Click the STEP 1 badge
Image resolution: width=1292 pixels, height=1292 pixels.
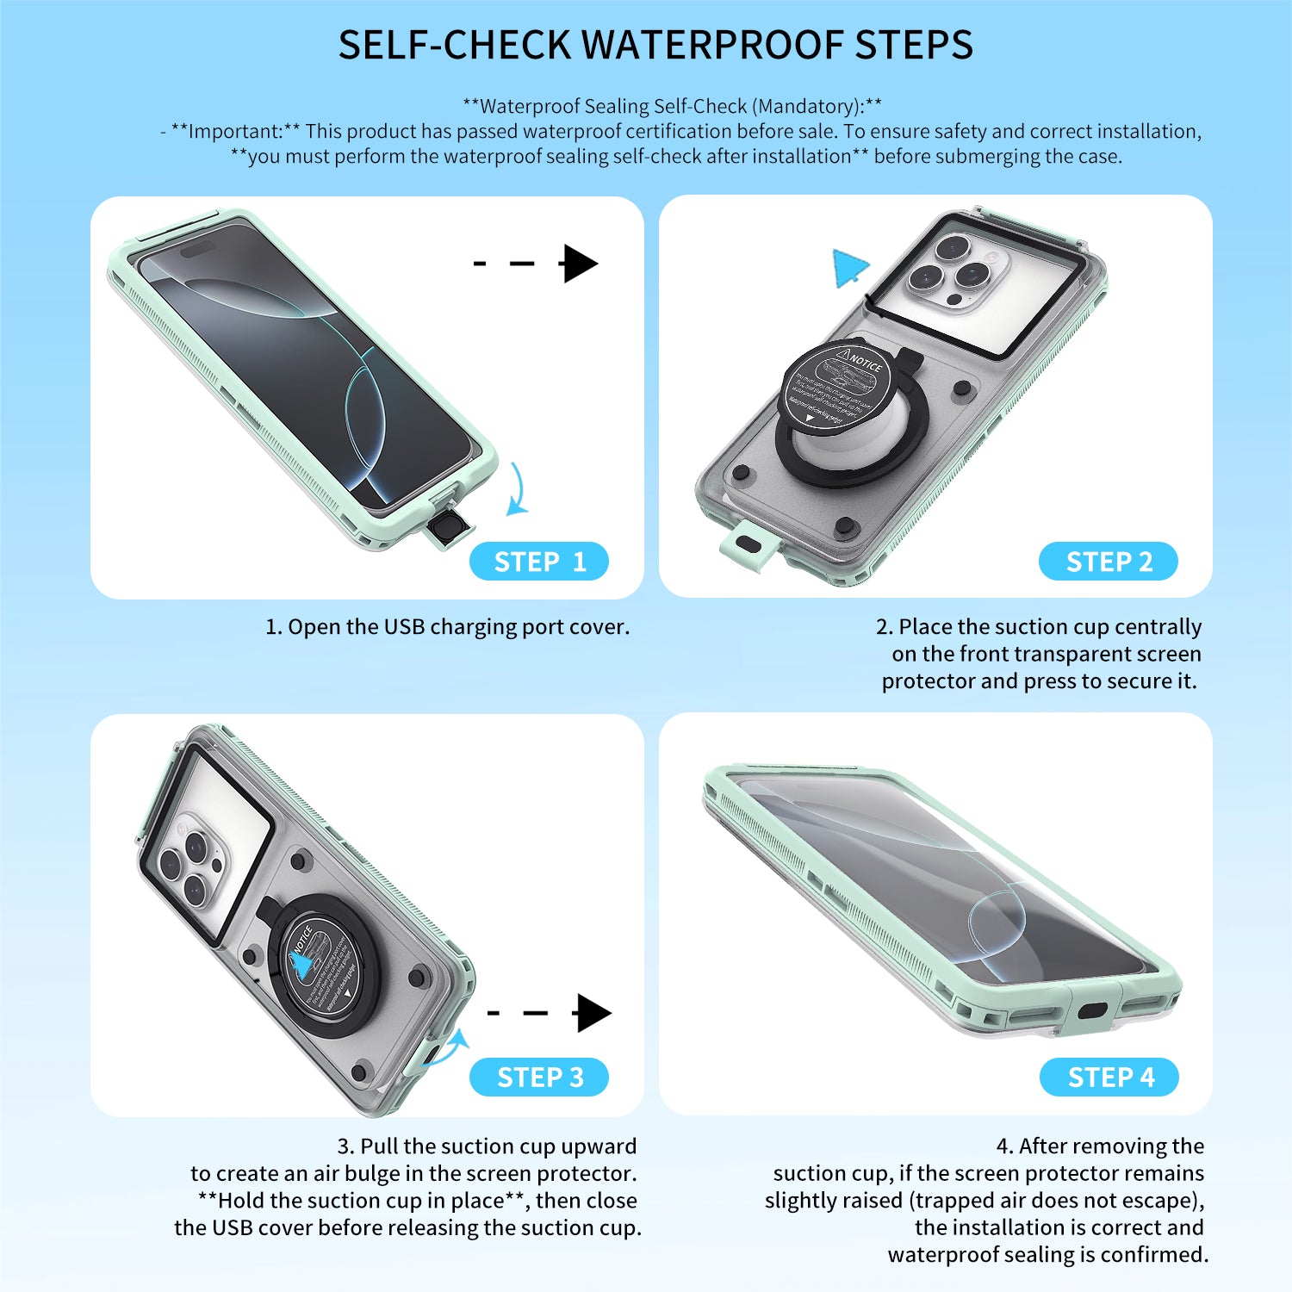pyautogui.click(x=539, y=562)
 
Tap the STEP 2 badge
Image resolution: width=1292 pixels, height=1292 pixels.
pyautogui.click(x=1109, y=562)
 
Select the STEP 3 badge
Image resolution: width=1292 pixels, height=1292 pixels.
pyautogui.click(x=539, y=1077)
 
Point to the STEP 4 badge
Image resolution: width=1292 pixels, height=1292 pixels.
pyautogui.click(x=1109, y=1077)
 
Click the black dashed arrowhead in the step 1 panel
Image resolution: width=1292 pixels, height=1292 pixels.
pyautogui.click(x=581, y=264)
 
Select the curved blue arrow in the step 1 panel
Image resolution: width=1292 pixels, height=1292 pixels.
pyautogui.click(x=517, y=489)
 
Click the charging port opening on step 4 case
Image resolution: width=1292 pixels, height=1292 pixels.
pyautogui.click(x=1091, y=1009)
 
